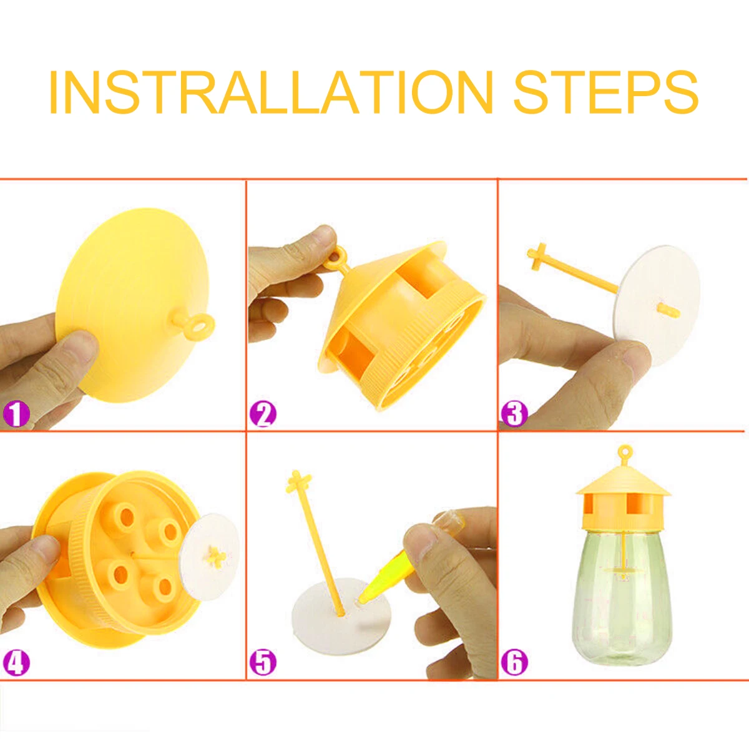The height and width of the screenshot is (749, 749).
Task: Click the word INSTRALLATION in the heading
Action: pos(272,92)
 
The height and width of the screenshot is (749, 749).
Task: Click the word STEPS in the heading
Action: pos(606,92)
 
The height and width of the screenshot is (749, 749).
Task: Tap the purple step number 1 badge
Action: pos(16,414)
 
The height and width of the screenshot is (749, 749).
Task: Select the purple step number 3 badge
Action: pos(514,414)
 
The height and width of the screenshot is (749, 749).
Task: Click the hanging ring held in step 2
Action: pos(336,257)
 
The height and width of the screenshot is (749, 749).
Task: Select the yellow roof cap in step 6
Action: pos(624,482)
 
